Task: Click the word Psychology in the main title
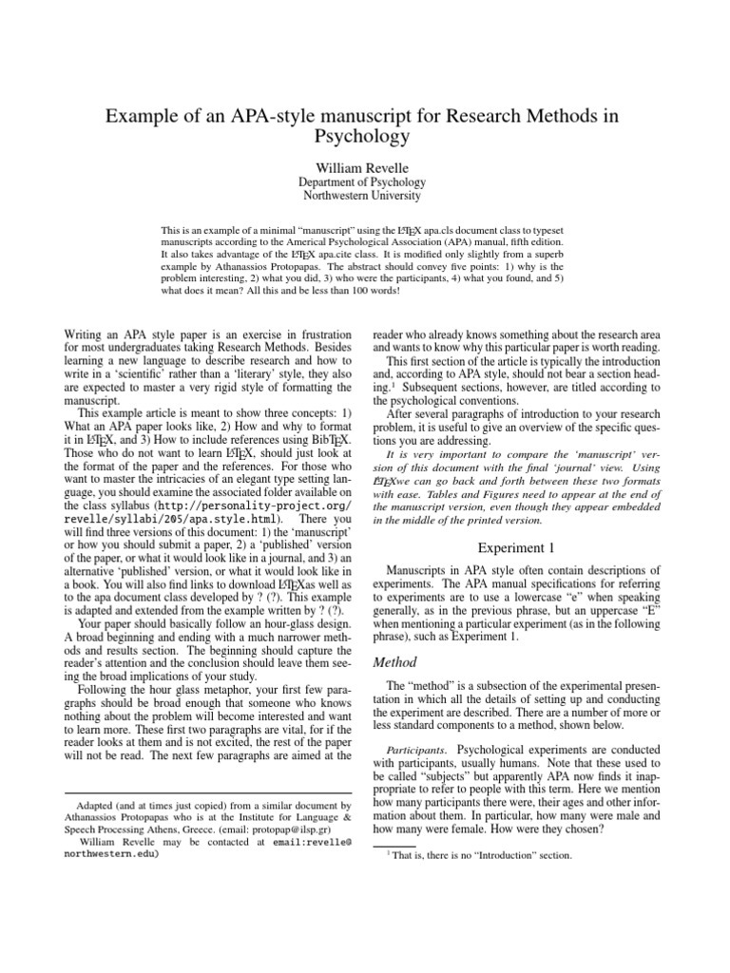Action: pyautogui.click(x=365, y=135)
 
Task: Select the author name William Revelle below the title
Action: pyautogui.click(x=364, y=164)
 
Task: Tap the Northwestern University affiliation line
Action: pyautogui.click(x=364, y=197)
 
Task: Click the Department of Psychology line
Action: pyautogui.click(x=364, y=181)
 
